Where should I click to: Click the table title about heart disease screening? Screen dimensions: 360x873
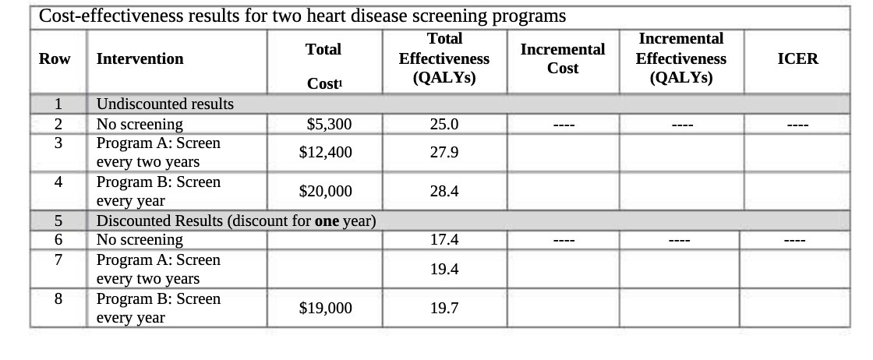tap(302, 16)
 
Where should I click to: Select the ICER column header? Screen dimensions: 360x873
tap(797, 59)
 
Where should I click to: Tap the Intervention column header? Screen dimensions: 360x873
tap(140, 59)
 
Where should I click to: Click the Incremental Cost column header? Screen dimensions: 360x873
tap(562, 59)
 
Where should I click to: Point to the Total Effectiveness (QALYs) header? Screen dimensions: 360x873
tap(444, 59)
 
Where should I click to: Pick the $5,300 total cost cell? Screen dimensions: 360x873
tap(329, 125)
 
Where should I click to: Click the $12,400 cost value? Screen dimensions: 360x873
tap(325, 153)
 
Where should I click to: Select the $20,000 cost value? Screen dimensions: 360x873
tap(325, 192)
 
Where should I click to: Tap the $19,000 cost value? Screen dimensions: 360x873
tap(325, 309)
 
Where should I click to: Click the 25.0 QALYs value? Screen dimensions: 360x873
tap(444, 125)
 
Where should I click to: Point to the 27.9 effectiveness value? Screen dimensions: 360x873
tap(444, 153)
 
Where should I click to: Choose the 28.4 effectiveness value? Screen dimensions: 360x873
tap(444, 192)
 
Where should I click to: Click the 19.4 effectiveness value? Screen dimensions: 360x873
tap(444, 270)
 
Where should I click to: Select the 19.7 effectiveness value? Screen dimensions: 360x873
tap(444, 309)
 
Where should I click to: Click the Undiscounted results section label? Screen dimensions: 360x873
tap(164, 104)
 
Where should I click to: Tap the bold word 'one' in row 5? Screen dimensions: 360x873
tap(327, 221)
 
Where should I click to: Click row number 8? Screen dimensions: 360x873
tap(58, 299)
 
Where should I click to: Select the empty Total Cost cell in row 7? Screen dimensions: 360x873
tap(325, 270)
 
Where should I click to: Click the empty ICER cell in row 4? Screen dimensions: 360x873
tap(797, 192)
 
